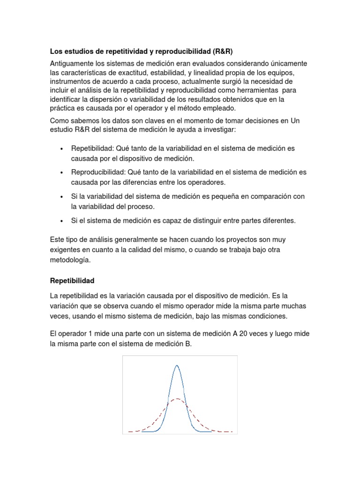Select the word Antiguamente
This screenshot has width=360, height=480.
click(73, 63)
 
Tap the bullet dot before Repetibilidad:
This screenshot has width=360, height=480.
click(62, 149)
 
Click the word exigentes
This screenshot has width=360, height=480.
click(65, 249)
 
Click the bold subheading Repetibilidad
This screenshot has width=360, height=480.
click(72, 281)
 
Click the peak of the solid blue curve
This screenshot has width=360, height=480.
click(177, 365)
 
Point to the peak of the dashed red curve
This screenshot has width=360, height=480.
click(176, 399)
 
